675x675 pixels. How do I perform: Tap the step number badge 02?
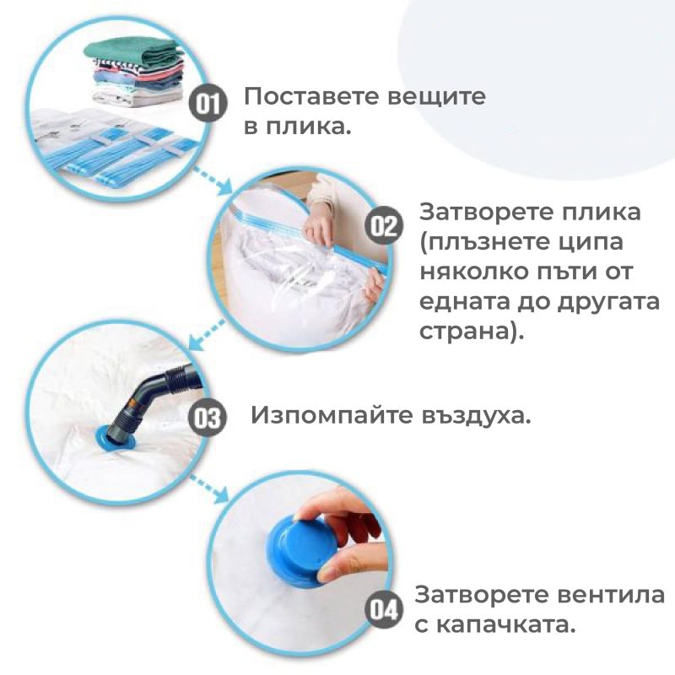click(x=384, y=225)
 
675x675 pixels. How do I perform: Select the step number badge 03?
click(x=208, y=418)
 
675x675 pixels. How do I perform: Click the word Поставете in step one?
click(x=313, y=96)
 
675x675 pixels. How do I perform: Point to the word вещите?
click(x=436, y=98)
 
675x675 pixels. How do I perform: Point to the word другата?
click(x=608, y=303)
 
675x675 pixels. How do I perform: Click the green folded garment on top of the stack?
click(x=133, y=52)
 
